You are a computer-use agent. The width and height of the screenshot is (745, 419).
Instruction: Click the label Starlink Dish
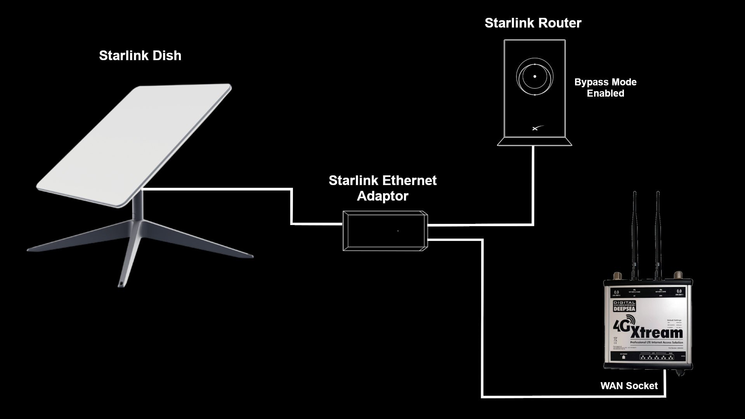[x=140, y=55]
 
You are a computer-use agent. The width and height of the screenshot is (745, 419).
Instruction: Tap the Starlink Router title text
[x=533, y=23]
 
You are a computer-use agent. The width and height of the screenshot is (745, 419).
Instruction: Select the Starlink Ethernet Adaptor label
[x=383, y=188]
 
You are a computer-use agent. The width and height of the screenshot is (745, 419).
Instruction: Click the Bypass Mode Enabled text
[x=605, y=88]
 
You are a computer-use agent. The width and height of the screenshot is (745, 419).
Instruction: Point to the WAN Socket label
[x=629, y=386]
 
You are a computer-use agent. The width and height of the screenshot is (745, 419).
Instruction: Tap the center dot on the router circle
[x=535, y=76]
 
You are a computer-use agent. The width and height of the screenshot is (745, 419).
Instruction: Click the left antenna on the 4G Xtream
[x=635, y=233]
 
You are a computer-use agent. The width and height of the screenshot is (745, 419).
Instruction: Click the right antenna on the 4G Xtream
[x=658, y=233]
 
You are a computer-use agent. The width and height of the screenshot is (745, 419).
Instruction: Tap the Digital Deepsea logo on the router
[x=624, y=306]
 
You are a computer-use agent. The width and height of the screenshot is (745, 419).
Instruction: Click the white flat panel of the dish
[x=134, y=145]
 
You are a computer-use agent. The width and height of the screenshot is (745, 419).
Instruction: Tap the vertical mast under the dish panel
[x=139, y=206]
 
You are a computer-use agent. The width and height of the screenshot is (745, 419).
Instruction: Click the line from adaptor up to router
[x=533, y=186]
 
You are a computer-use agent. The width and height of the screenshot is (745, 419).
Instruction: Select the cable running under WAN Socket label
[x=574, y=396]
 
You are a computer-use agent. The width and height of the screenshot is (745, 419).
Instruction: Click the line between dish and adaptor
[x=291, y=206]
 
